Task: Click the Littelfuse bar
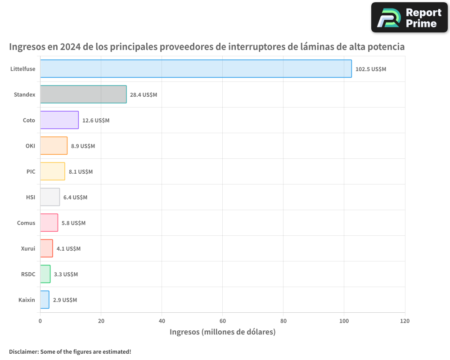[x=196, y=69]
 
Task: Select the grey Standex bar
[x=83, y=94]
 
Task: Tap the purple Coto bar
[x=59, y=120]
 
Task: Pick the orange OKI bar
[x=54, y=146]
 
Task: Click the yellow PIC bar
[x=52, y=171]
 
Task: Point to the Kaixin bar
[x=45, y=300]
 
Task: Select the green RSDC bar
[x=45, y=274]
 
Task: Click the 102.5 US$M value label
[x=370, y=69]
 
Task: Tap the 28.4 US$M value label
[x=144, y=95]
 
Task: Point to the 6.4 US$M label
[x=75, y=198]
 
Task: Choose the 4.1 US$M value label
[x=68, y=249]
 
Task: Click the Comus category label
[x=26, y=223]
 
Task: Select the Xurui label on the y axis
[x=28, y=249]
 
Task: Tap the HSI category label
[x=31, y=198]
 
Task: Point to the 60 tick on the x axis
[x=222, y=321]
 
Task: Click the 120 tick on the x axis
[x=405, y=321]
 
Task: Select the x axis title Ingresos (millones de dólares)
[x=222, y=332]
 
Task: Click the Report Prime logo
[x=409, y=18]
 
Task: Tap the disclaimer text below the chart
[x=70, y=351]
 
